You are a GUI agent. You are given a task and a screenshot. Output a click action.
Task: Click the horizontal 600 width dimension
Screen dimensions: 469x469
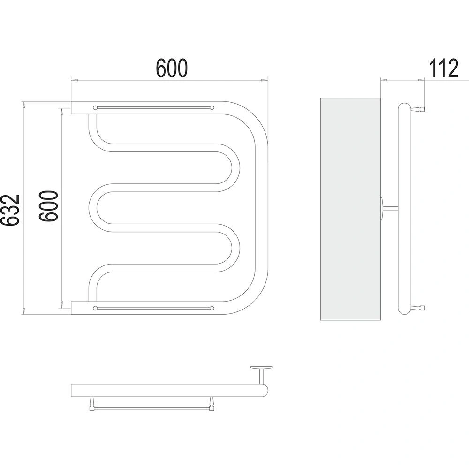point(172,68)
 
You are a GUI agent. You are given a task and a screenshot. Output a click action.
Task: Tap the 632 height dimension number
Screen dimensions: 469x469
point(10,210)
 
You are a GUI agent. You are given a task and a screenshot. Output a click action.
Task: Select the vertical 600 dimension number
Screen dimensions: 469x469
point(48,206)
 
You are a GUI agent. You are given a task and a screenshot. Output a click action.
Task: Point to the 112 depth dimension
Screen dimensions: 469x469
point(444,68)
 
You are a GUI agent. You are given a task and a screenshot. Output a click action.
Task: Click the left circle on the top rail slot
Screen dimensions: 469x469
point(95,108)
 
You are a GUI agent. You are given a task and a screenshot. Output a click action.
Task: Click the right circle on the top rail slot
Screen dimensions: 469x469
point(212,108)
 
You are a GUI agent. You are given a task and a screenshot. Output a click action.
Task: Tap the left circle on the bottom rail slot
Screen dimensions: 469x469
point(95,308)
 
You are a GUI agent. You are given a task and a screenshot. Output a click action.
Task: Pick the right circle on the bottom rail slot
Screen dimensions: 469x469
point(212,308)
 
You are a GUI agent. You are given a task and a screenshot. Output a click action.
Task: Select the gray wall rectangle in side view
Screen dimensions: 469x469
point(350,209)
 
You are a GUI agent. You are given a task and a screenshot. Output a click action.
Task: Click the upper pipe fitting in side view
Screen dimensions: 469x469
point(419,109)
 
